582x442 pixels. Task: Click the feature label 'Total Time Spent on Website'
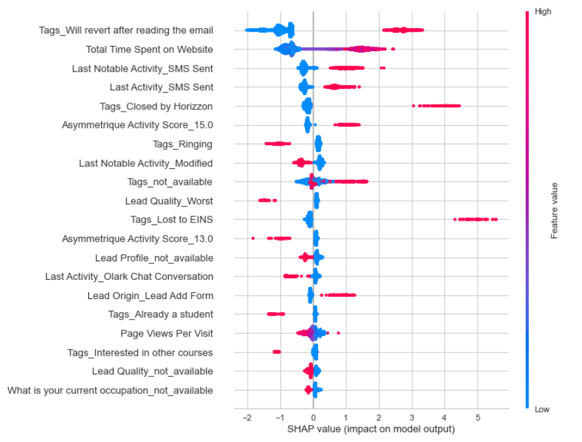tap(149, 49)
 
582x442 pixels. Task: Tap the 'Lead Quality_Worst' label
tap(169, 201)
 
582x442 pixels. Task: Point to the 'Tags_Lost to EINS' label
tap(172, 220)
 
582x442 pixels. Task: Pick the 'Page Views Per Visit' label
tap(167, 333)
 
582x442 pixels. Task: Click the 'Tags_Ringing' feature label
tap(183, 144)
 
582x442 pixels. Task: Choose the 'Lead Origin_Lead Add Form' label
tap(150, 296)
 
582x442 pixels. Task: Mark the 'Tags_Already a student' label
tap(161, 314)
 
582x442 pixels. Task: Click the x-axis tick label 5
tap(478, 417)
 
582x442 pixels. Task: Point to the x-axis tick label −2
tap(246, 417)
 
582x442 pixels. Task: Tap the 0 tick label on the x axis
tap(313, 417)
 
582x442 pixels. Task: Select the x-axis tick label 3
tap(412, 417)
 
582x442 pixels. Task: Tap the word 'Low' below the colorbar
tap(542, 409)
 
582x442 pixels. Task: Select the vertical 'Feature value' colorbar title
tap(555, 210)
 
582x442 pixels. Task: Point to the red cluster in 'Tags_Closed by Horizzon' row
tap(439, 106)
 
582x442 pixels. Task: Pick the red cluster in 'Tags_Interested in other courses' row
tap(276, 352)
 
